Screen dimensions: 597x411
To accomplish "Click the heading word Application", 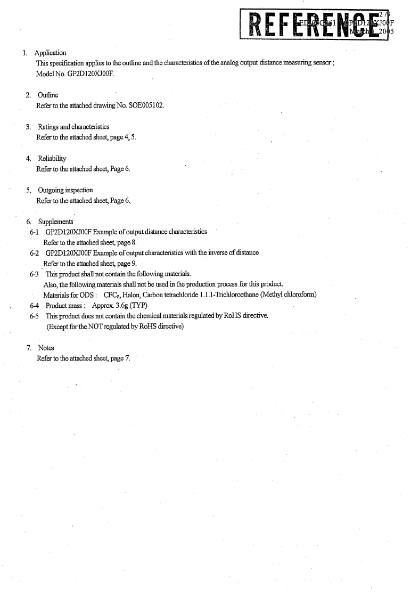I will pos(50,53).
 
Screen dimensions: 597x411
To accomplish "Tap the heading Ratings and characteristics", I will pos(73,127).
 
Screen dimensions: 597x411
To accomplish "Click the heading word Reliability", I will pos(52,159).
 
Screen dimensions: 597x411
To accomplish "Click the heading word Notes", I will pos(46,348).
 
